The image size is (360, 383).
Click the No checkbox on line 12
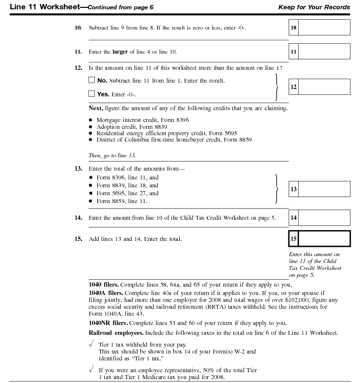91,80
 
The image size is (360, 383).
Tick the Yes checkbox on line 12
91,94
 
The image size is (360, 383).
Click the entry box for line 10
324,28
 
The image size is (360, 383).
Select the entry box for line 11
324,51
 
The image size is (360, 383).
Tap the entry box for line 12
324,87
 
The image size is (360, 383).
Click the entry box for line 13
324,189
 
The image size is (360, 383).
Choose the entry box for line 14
324,217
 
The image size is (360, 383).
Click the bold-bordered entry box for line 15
324,239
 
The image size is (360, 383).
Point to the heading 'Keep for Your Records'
314,7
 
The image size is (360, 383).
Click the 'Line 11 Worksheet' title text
40,7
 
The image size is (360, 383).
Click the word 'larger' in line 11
120,52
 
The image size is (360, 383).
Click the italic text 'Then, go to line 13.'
112,155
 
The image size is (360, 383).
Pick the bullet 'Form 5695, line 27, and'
127,193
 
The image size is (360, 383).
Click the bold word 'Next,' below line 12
96,108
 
